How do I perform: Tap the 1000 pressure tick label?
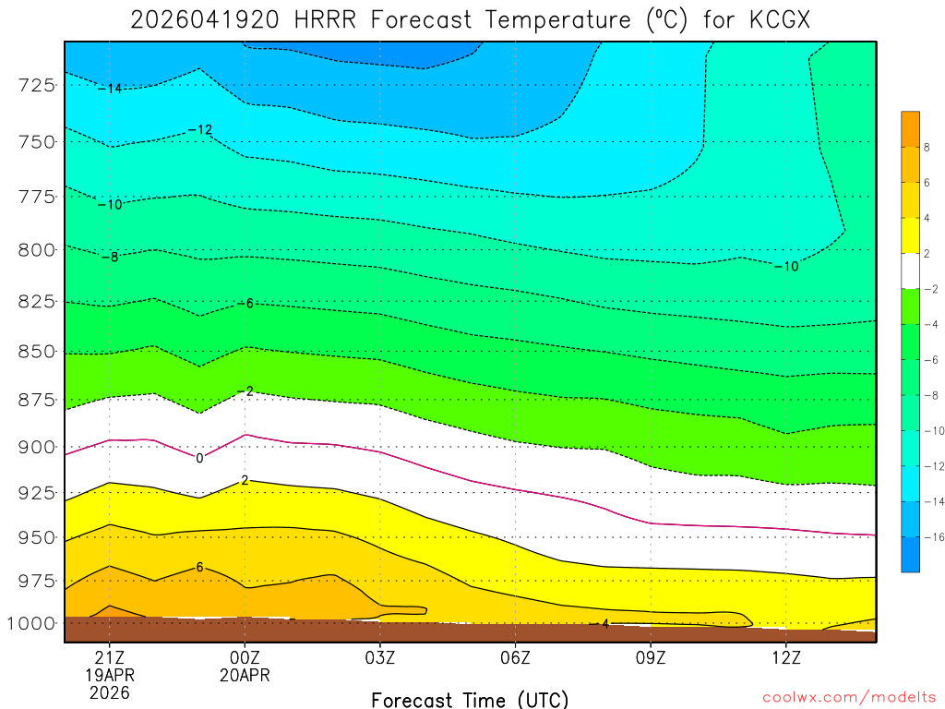tap(33, 623)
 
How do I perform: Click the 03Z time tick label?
tap(379, 657)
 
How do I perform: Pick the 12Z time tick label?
tap(785, 657)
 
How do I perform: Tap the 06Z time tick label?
tap(515, 657)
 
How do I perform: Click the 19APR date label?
tap(110, 675)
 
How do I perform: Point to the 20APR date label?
tap(245, 675)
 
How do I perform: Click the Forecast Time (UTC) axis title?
tap(470, 699)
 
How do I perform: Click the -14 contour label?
tap(110, 89)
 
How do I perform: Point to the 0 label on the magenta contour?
tap(199, 458)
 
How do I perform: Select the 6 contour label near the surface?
tap(199, 567)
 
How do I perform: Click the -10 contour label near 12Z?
tap(786, 267)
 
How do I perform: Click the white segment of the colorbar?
tap(910, 271)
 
